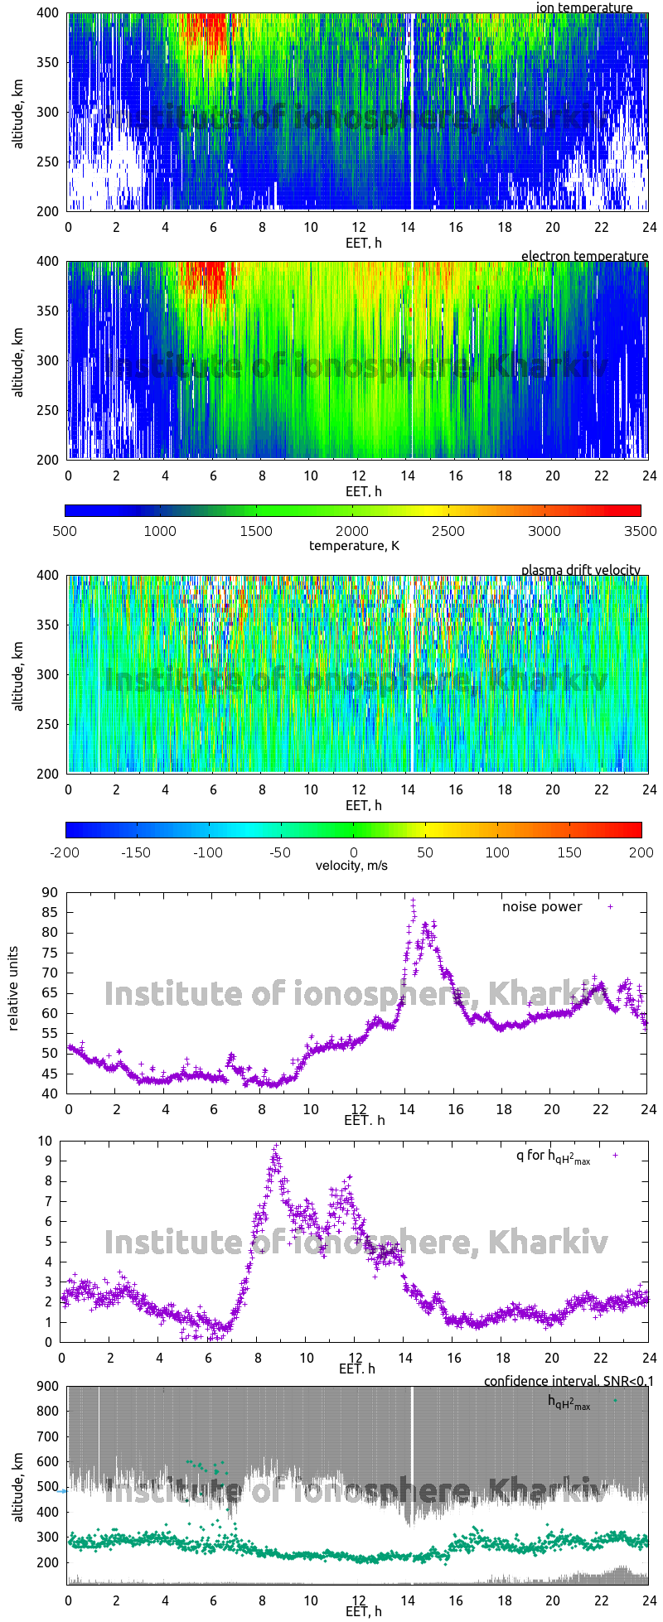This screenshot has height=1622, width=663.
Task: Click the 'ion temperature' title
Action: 584,7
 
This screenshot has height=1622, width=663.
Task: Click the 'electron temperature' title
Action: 584,256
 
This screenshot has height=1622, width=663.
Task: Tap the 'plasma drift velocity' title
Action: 580,570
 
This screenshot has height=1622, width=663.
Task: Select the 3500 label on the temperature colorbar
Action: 640,531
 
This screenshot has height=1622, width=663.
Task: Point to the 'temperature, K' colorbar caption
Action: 354,545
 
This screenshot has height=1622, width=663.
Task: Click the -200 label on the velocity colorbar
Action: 65,852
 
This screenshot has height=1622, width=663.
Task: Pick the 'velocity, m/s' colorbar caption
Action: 351,866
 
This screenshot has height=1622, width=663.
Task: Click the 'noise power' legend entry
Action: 542,906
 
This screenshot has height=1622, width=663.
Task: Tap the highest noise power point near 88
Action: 413,900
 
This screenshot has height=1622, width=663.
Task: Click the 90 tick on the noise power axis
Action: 51,892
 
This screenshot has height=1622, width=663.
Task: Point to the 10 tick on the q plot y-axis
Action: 46,1141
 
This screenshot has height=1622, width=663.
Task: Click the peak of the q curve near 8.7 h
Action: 275,1147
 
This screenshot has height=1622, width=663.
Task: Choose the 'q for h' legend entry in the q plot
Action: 553,1156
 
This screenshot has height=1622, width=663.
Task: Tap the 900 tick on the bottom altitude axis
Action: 47,1386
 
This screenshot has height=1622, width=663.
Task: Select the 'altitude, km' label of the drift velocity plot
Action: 18,673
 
